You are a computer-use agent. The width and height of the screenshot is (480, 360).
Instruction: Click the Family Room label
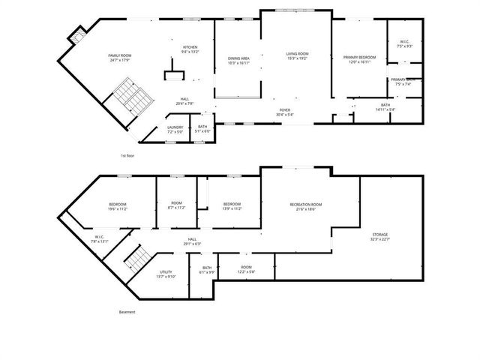pyautogui.click(x=120, y=57)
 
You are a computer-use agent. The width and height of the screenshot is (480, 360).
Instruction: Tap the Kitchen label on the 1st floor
pyautogui.click(x=190, y=49)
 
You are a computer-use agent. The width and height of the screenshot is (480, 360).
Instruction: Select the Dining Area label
pyautogui.click(x=238, y=61)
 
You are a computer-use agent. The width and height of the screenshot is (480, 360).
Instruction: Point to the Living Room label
pyautogui.click(x=297, y=55)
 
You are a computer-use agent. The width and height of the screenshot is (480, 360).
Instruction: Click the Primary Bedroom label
pyautogui.click(x=359, y=59)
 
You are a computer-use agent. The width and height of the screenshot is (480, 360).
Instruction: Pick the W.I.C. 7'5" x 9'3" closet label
pyautogui.click(x=404, y=44)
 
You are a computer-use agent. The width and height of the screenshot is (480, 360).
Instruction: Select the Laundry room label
pyautogui.click(x=175, y=130)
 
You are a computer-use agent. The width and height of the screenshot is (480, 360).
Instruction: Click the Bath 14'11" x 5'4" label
pyautogui.click(x=385, y=107)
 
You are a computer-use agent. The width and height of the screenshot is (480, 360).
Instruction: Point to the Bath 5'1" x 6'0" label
pyautogui.click(x=202, y=129)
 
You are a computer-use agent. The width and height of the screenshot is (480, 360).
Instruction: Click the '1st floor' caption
pyautogui.click(x=128, y=155)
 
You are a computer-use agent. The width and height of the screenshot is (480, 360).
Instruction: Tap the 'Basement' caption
pyautogui.click(x=127, y=311)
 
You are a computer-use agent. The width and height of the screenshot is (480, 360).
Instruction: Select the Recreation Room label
pyautogui.click(x=306, y=206)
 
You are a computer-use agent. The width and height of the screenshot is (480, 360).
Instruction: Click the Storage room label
pyautogui.click(x=380, y=238)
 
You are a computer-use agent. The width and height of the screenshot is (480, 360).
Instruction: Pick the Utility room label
pyautogui.click(x=166, y=274)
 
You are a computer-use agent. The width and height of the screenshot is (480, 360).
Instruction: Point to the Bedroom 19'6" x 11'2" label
pyautogui.click(x=118, y=206)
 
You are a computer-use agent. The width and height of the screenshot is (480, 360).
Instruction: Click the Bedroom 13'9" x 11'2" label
pyautogui.click(x=232, y=206)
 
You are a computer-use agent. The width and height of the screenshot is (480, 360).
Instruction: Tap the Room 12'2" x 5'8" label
pyautogui.click(x=246, y=268)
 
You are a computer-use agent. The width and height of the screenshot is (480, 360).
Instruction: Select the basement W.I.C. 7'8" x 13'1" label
pyautogui.click(x=100, y=239)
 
